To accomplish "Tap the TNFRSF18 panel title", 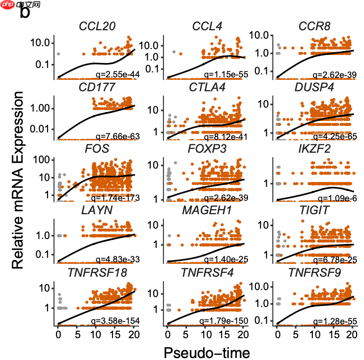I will click(97, 272).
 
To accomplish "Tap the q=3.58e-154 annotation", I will click(112, 321).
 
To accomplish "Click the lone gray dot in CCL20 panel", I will click(58, 54).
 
